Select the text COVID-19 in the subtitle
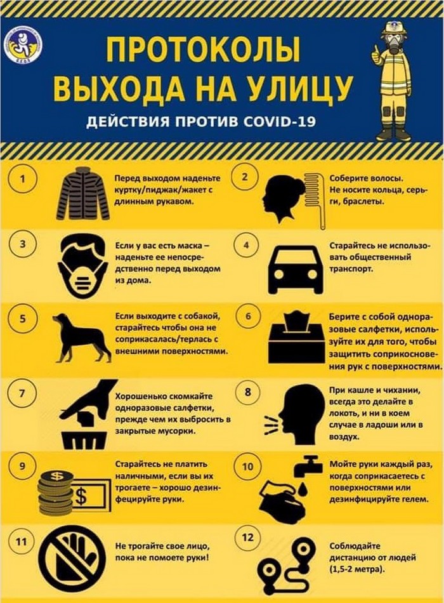tap(280, 121)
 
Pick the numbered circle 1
tap(23, 179)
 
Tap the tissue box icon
tap(296, 338)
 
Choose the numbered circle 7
tap(23, 394)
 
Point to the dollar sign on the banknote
tap(81, 496)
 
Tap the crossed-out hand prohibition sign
tap(73, 555)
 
